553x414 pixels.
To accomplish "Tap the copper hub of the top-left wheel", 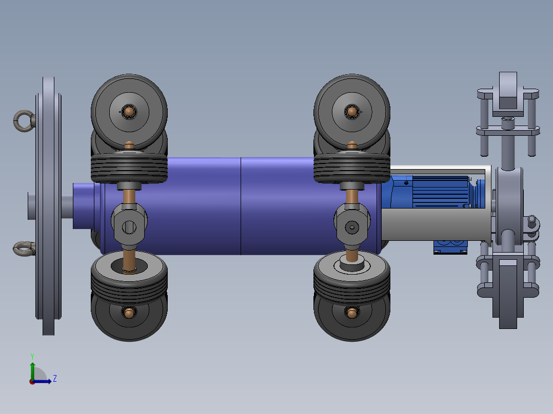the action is [x=129, y=112].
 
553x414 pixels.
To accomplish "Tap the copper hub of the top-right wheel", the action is [x=352, y=112].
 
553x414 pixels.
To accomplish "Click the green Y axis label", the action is [x=32, y=356].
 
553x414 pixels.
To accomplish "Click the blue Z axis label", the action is [x=55, y=379].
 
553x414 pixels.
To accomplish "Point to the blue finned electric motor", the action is [x=433, y=192].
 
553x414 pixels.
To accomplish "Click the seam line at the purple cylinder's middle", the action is [x=241, y=206].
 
